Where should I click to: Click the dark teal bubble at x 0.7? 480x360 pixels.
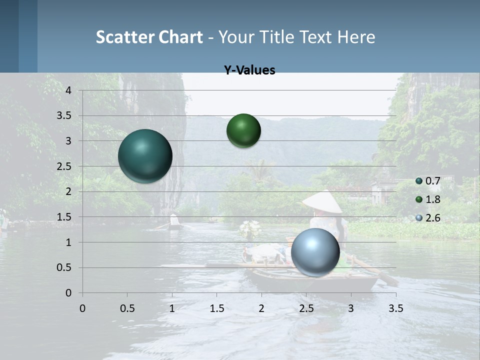[145, 156]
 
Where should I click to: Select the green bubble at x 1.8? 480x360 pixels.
[243, 130]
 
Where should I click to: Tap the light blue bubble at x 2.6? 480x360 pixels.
[315, 252]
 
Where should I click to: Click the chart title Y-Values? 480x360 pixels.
[249, 70]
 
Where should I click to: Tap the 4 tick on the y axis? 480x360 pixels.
[68, 90]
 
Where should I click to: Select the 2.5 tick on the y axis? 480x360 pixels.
[64, 166]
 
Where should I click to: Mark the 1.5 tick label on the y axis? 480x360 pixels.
[64, 217]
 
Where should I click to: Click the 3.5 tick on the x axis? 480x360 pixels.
[395, 308]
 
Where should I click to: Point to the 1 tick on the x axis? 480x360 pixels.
[172, 308]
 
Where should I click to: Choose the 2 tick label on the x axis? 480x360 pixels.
[261, 308]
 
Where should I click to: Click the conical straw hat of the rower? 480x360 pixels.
[322, 202]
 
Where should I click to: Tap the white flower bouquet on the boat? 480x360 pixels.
[250, 228]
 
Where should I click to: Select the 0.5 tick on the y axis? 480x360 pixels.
[64, 268]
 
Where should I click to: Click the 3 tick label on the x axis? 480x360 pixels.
[350, 308]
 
